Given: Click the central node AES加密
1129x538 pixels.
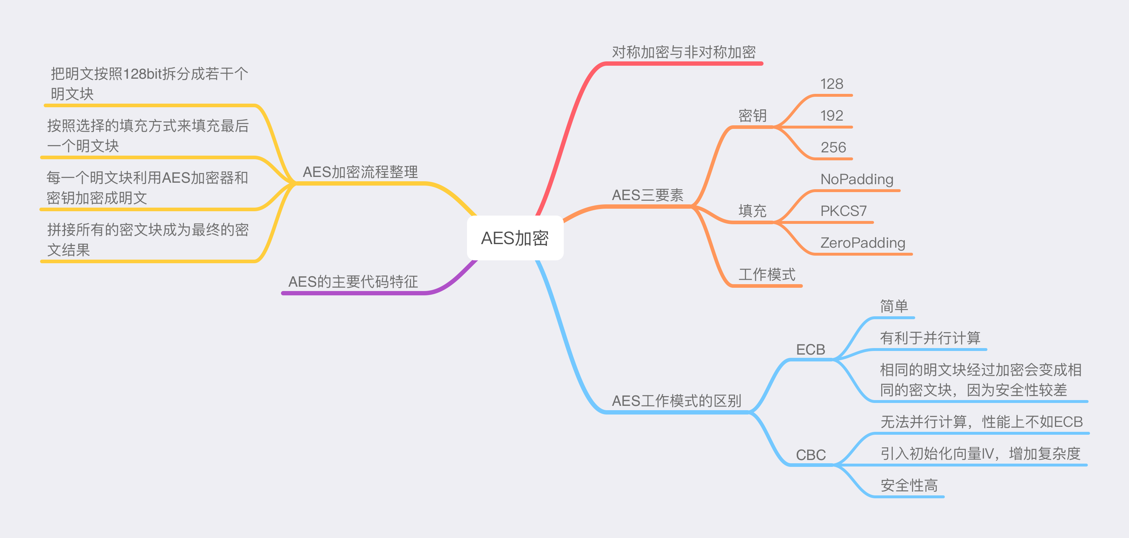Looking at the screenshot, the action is pyautogui.click(x=515, y=238).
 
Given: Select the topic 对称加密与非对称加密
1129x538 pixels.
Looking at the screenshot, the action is pyautogui.click(x=684, y=52).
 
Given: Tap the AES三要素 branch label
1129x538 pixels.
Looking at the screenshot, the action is pyautogui.click(x=647, y=195).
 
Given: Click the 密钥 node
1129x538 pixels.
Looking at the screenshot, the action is pyautogui.click(x=752, y=116).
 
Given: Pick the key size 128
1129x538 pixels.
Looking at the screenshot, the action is pyautogui.click(x=831, y=84).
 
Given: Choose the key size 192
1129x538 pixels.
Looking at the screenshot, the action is pyautogui.click(x=831, y=116).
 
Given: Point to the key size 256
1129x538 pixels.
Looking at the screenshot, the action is pyautogui.click(x=833, y=147).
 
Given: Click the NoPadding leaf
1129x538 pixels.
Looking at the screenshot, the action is pyautogui.click(x=857, y=179).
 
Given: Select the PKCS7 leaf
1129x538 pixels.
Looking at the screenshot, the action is pyautogui.click(x=843, y=211).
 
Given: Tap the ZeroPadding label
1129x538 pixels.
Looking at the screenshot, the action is pyautogui.click(x=862, y=243).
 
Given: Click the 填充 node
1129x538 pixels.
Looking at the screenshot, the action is pyautogui.click(x=752, y=211).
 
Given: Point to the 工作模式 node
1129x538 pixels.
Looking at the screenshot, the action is pyautogui.click(x=766, y=275).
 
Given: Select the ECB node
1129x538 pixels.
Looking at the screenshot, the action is pyautogui.click(x=810, y=350).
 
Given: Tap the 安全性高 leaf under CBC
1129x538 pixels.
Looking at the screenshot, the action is pyautogui.click(x=909, y=485).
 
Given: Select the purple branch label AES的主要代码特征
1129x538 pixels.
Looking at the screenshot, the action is pyautogui.click(x=353, y=282).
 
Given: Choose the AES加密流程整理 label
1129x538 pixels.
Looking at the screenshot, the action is pyautogui.click(x=360, y=172).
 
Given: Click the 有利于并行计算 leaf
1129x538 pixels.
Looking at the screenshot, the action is pyautogui.click(x=930, y=338).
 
